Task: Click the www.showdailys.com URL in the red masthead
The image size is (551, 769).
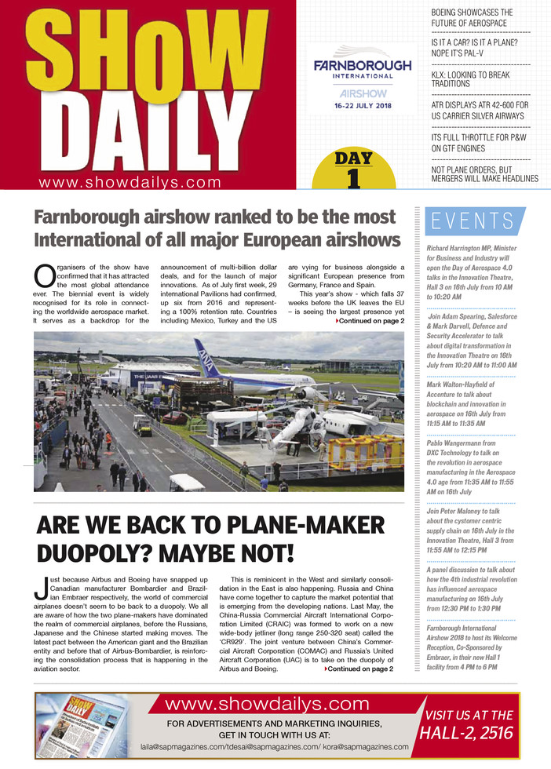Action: [130, 182]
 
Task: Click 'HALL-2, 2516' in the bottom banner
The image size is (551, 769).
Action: [468, 733]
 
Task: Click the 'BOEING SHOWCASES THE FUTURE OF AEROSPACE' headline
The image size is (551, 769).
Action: [473, 18]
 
